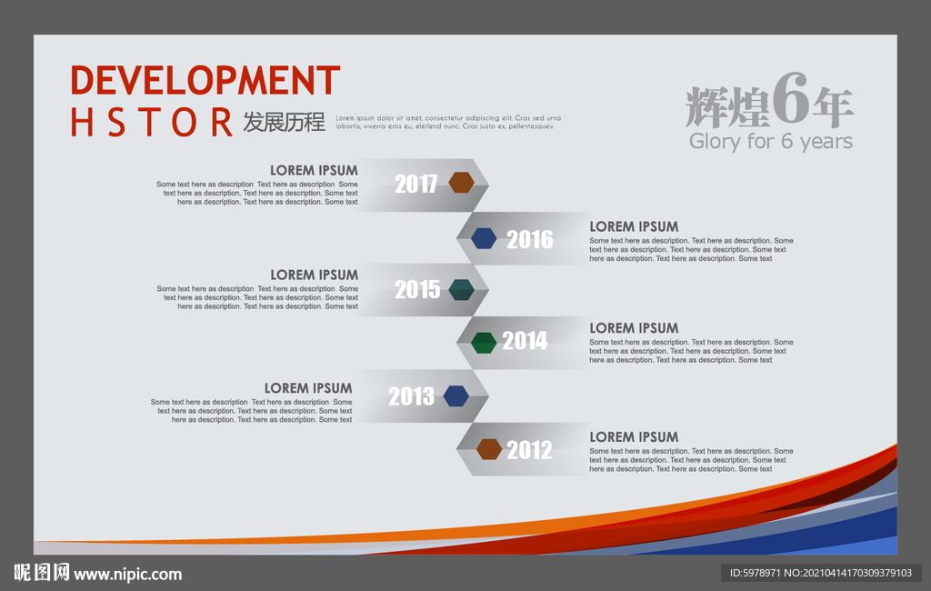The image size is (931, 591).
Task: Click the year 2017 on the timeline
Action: coord(416,185)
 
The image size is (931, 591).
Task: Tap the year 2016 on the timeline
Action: coord(530,239)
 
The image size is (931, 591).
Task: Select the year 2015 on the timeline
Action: coord(417,290)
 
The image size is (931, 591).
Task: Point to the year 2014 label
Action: coord(525,341)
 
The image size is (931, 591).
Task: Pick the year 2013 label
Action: coord(412,396)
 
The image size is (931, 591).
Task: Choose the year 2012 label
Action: coord(529,450)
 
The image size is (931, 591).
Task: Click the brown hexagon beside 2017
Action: coord(461,183)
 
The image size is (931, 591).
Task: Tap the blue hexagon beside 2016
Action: coord(484,238)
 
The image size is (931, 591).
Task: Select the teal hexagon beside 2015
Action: coord(461,289)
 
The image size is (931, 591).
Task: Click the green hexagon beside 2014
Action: coord(484,343)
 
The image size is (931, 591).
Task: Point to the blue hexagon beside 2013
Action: coord(456,396)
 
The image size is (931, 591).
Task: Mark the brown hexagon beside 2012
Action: coord(488,449)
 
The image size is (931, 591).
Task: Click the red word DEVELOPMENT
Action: coord(205,80)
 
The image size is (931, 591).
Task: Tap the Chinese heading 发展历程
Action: coord(284,122)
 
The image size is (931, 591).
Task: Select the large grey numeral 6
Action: coord(791,98)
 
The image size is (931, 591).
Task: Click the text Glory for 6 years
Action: coord(771,141)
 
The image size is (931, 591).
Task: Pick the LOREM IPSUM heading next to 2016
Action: coord(634,227)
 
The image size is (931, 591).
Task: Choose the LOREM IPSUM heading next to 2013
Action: coord(308,388)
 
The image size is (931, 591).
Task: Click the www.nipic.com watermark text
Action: coord(127,575)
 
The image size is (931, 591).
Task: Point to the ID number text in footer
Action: coord(821,573)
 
